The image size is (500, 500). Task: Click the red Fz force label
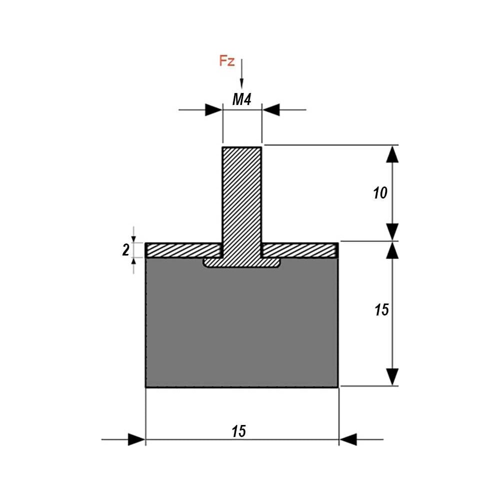click(226, 60)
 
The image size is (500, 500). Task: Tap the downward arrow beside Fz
click(241, 73)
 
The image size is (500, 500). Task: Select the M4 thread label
click(241, 99)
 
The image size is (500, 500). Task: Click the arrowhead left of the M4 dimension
click(213, 109)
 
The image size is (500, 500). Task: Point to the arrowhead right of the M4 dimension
click(271, 109)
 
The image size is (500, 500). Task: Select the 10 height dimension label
click(380, 193)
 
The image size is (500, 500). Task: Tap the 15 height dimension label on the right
click(381, 309)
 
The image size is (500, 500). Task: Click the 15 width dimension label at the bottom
click(239, 431)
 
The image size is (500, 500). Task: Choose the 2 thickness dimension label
click(126, 249)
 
